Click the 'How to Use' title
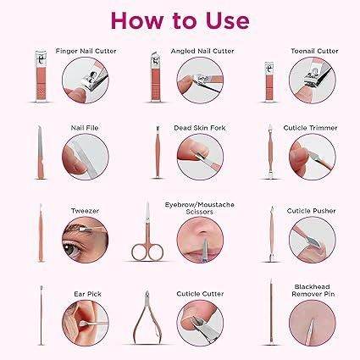[x=180, y=20]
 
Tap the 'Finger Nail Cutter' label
[x=86, y=51]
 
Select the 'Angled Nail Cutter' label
[x=202, y=51]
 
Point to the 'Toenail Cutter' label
[x=314, y=51]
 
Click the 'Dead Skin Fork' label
[x=200, y=128]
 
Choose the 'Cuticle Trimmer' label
[x=310, y=128]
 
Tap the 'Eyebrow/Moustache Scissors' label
[x=200, y=208]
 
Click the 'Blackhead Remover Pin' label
[x=313, y=291]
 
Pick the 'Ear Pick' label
[x=87, y=294]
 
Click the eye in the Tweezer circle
[x=70, y=246]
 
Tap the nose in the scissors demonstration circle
[x=202, y=232]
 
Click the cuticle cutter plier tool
[x=147, y=318]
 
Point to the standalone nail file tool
[x=41, y=152]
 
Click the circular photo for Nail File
[x=86, y=157]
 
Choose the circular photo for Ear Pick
[x=86, y=323]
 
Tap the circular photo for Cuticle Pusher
[x=313, y=240]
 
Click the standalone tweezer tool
[x=41, y=233]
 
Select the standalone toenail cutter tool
[x=269, y=81]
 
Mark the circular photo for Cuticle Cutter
[x=200, y=323]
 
